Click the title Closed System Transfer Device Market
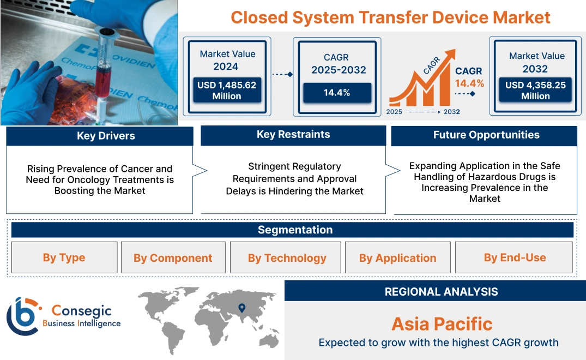[x=390, y=17]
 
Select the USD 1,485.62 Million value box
[x=227, y=91]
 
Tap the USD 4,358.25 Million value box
[x=535, y=91]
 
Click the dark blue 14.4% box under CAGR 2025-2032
[x=337, y=93]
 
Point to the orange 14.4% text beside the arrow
[x=469, y=83]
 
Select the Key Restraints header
[x=293, y=135]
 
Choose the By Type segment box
[x=64, y=257]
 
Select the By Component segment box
[x=173, y=258]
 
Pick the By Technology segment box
[x=287, y=258]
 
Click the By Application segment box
[x=397, y=258]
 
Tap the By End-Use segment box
[x=515, y=257]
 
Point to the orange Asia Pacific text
[x=442, y=323]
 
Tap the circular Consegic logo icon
[x=22, y=316]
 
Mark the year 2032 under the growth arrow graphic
[x=451, y=112]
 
